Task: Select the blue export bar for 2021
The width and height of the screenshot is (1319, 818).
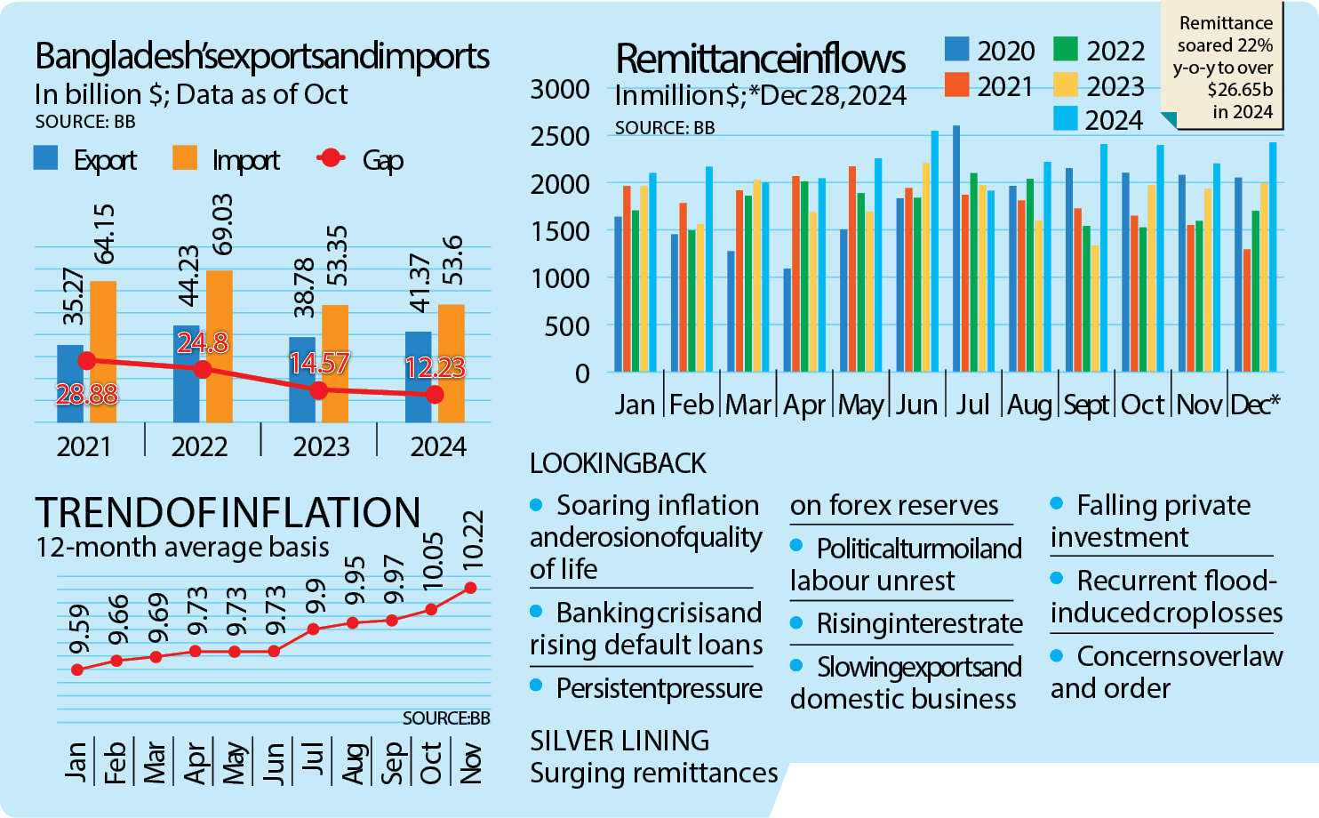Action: (x=70, y=383)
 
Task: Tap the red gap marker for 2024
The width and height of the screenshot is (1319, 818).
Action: (x=434, y=395)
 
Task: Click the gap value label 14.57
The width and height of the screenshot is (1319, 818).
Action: (x=319, y=363)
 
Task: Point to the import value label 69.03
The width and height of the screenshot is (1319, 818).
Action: (x=222, y=223)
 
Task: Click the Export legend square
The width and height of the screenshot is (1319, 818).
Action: (x=46, y=158)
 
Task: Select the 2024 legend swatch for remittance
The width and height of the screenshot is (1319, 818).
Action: (x=1065, y=118)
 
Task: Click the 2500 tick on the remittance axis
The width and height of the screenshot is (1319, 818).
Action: (x=560, y=137)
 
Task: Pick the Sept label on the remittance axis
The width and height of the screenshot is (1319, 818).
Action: (x=1086, y=405)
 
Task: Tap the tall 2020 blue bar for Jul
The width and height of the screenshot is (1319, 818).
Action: (x=956, y=249)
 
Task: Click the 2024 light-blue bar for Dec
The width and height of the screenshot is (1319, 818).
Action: (x=1273, y=258)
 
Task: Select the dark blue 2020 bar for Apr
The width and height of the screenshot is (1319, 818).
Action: (x=787, y=320)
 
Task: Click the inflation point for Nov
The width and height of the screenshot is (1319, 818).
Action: (x=470, y=588)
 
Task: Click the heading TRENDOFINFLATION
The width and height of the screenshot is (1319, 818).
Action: (x=228, y=513)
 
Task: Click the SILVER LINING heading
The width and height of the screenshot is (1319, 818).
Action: (x=620, y=741)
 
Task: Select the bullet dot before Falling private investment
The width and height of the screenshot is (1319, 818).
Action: (x=1057, y=503)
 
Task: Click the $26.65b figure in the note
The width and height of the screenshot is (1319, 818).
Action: (x=1240, y=90)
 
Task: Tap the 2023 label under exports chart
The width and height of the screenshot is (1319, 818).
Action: (x=321, y=446)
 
